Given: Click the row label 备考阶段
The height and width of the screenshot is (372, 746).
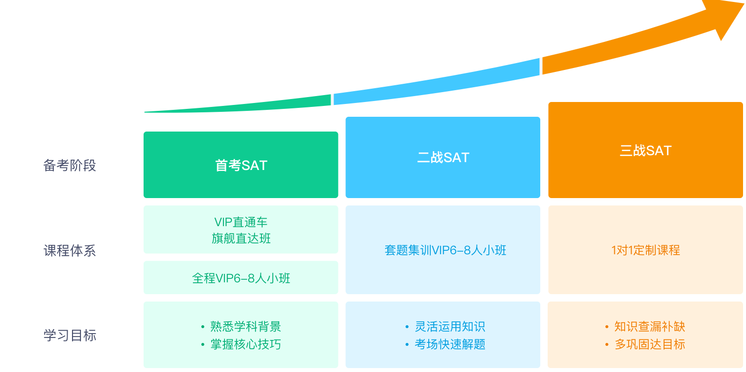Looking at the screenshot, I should pyautogui.click(x=70, y=166).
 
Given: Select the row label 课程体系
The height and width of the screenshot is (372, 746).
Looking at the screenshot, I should pyautogui.click(x=70, y=251).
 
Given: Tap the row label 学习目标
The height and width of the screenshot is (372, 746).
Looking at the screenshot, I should pyautogui.click(x=70, y=336).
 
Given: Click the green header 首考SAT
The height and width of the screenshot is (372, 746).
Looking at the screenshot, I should pyautogui.click(x=241, y=166).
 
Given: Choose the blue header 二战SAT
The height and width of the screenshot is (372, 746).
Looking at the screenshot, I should pyautogui.click(x=443, y=158).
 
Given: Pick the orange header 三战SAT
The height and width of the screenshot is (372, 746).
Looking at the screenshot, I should pyautogui.click(x=645, y=150).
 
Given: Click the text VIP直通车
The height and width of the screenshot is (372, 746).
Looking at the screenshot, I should pyautogui.click(x=241, y=222).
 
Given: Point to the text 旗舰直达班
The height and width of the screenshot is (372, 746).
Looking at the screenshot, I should pyautogui.click(x=241, y=239).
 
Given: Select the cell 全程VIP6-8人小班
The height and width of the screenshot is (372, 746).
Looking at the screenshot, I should pyautogui.click(x=241, y=278).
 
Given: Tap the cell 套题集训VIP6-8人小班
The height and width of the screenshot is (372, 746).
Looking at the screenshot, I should pyautogui.click(x=445, y=250).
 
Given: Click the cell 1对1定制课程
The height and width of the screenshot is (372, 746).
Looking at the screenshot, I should pyautogui.click(x=645, y=250).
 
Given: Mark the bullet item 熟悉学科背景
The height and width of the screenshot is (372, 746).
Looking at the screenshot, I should pyautogui.click(x=245, y=327).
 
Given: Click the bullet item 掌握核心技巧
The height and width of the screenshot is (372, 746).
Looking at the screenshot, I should pyautogui.click(x=245, y=344).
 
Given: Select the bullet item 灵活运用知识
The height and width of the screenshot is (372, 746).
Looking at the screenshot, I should pyautogui.click(x=449, y=327).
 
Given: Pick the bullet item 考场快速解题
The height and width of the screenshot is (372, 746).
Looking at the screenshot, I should pyautogui.click(x=449, y=344).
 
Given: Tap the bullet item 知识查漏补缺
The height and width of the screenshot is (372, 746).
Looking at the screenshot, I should pyautogui.click(x=649, y=327).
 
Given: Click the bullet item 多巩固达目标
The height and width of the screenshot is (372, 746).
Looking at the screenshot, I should pyautogui.click(x=649, y=344).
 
